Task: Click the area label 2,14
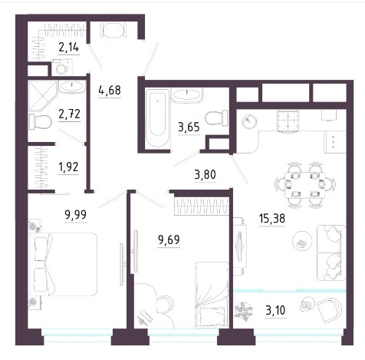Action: [x=69, y=48]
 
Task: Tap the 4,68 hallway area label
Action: [x=110, y=90]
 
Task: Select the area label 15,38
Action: [x=271, y=219]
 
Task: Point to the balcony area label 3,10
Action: [x=275, y=310]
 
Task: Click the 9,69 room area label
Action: [x=169, y=239]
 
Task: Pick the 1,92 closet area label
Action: [x=68, y=167]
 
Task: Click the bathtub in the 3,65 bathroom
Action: [x=157, y=118]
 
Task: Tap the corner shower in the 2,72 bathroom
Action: [x=42, y=96]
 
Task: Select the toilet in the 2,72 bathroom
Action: [x=41, y=122]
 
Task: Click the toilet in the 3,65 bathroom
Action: [x=216, y=117]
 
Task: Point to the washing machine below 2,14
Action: [x=62, y=68]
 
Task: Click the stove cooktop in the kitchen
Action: [x=288, y=121]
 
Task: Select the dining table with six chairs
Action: [x=305, y=185]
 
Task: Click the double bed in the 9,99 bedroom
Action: [x=64, y=264]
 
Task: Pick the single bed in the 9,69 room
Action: [x=212, y=295]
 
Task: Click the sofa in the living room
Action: [x=331, y=253]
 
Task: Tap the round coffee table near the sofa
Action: [x=302, y=241]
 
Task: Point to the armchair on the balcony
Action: [x=330, y=310]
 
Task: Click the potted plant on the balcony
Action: [x=243, y=312]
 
